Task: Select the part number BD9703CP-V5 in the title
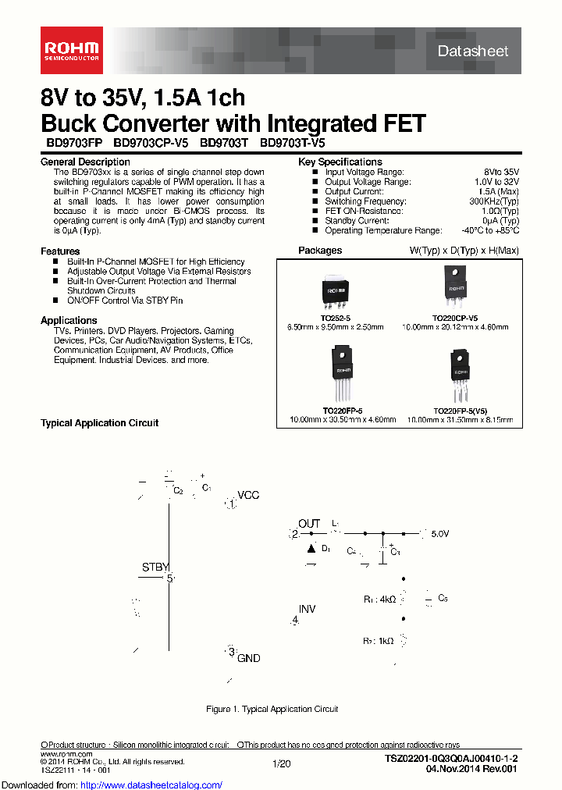152,144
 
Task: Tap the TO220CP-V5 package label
455,318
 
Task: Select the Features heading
60,251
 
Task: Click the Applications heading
69,320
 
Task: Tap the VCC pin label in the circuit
248,496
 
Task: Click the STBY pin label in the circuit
155,568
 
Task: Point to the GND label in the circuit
248,659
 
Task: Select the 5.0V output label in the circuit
439,534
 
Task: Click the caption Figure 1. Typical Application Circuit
272,709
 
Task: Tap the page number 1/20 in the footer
280,763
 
